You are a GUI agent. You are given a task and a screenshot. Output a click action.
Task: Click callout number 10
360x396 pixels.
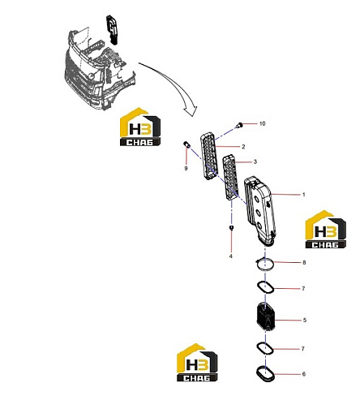click(262, 123)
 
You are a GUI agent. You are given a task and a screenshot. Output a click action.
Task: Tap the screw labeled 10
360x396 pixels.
click(239, 125)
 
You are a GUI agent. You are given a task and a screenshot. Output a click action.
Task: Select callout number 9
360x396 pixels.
click(186, 168)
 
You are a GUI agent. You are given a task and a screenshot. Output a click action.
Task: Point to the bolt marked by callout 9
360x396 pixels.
click(186, 144)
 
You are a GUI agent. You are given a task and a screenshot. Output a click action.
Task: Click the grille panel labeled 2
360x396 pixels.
click(209, 156)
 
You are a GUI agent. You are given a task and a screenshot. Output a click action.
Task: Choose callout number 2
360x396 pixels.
click(243, 147)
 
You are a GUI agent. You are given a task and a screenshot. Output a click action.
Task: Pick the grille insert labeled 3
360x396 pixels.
click(230, 177)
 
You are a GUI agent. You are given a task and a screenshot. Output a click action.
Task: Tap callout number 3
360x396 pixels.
click(255, 161)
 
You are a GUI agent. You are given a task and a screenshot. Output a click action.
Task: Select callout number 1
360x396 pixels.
click(303, 195)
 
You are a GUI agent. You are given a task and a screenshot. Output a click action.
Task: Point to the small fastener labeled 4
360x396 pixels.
click(231, 227)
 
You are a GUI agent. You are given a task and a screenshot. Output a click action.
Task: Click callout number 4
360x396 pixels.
click(231, 256)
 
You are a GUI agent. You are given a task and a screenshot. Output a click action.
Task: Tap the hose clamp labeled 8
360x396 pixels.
click(264, 264)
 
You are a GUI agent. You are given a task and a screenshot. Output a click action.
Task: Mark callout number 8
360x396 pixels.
click(304, 262)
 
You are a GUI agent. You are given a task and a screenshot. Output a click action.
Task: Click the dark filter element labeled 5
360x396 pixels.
click(265, 316)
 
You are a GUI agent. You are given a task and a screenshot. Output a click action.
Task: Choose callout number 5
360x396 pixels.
click(305, 321)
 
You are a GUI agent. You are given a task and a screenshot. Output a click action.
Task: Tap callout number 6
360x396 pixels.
click(304, 374)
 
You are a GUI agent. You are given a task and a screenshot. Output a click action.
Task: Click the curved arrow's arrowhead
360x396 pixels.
click(191, 110)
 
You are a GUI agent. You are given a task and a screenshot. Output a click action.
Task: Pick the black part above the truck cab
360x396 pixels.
click(113, 29)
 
